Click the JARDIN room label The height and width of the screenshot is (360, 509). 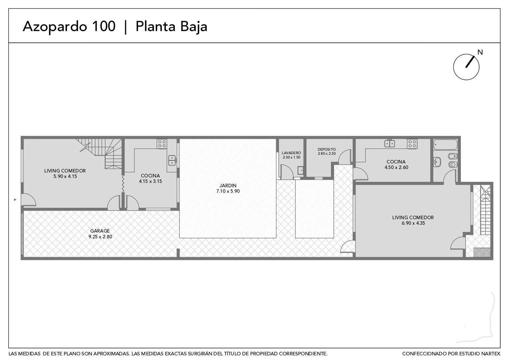click(x=228, y=186)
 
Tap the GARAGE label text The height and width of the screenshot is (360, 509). click(x=100, y=231)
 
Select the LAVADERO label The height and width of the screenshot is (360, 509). click(x=291, y=153)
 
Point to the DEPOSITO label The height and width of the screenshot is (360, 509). click(x=326, y=149)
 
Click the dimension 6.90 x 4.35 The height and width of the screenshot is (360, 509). click(x=413, y=223)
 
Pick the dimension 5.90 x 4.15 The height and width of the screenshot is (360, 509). click(x=65, y=176)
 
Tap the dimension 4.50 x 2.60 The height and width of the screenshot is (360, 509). click(x=396, y=167)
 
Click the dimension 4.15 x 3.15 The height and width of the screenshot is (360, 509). click(x=151, y=181)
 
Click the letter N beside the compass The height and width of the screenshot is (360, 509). click(x=480, y=52)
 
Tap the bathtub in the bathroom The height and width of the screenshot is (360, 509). click(x=445, y=145)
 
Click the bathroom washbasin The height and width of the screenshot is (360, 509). click(x=437, y=162)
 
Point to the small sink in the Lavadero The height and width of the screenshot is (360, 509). click(x=300, y=170)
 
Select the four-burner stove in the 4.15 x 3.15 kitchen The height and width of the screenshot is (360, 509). click(x=162, y=144)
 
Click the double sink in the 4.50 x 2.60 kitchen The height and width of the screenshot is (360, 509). click(x=389, y=143)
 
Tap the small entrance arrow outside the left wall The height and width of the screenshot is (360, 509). click(x=15, y=200)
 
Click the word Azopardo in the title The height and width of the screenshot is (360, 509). click(x=55, y=27)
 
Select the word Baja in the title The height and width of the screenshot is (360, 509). click(x=194, y=27)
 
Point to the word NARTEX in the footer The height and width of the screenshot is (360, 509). click(x=491, y=354)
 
